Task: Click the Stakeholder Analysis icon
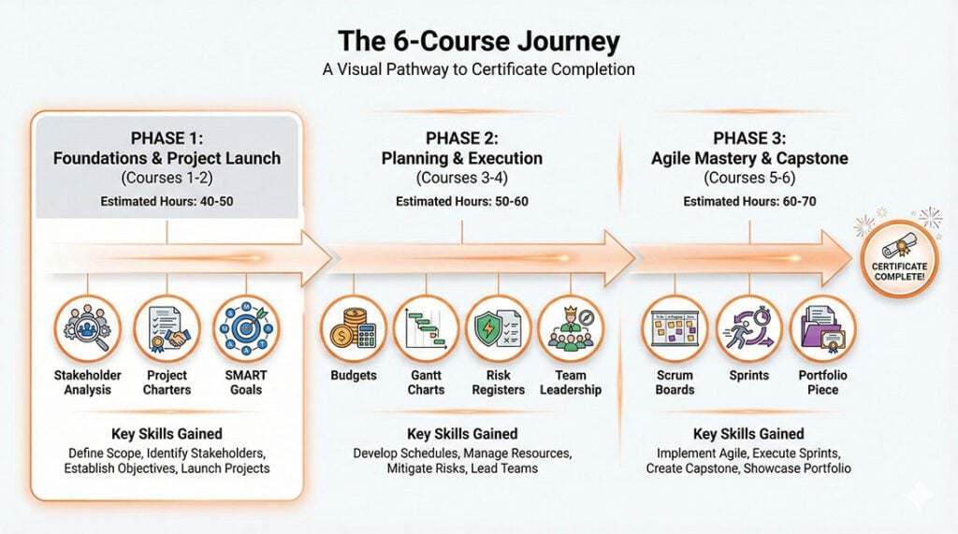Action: pos(88,328)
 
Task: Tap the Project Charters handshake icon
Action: pos(167,328)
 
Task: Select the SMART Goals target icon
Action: pos(246,328)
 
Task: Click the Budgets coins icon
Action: pos(354,328)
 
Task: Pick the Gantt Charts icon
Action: pos(426,328)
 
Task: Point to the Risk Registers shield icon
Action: pos(499,328)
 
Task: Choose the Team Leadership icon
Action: pos(571,328)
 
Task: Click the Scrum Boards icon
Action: pos(675,328)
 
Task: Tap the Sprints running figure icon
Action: pos(749,328)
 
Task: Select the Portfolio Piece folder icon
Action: pos(823,328)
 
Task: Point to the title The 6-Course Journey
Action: pos(478,42)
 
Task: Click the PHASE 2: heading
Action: pos(461,137)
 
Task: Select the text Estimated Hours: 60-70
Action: pos(748,201)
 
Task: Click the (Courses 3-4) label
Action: pos(461,178)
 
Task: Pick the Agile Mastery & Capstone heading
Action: pos(749,158)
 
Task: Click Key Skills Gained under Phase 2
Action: pos(461,434)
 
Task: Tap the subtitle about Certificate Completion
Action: pos(478,69)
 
